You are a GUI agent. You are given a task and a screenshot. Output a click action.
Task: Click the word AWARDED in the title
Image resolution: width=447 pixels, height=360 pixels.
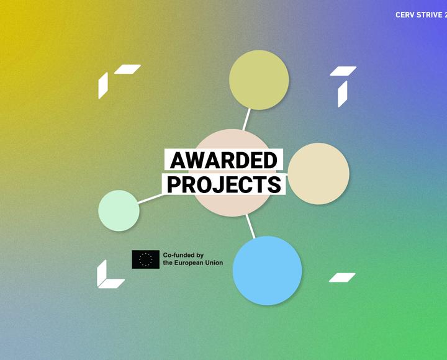(223, 160)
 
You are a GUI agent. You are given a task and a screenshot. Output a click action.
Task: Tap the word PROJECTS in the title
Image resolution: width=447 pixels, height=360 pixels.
(224, 185)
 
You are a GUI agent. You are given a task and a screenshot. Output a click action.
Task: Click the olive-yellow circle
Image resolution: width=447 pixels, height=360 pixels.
(259, 80)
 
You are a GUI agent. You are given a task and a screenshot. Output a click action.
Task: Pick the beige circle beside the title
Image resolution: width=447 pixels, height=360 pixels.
(318, 174)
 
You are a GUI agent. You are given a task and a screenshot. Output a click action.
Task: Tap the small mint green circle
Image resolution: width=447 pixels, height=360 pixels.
(119, 210)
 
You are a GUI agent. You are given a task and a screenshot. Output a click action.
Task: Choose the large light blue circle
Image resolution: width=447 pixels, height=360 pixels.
(267, 271)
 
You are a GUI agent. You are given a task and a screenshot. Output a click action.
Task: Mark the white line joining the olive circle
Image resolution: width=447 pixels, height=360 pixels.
(246, 119)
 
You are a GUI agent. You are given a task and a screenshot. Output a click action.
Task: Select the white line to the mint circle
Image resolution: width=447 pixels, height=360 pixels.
(151, 199)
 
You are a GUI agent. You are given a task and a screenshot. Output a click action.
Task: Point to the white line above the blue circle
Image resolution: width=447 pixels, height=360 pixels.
(251, 227)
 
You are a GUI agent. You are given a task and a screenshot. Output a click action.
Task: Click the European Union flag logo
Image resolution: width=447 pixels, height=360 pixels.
(145, 259)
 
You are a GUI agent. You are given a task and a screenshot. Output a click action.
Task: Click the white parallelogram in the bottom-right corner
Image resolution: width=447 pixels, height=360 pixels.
(342, 277)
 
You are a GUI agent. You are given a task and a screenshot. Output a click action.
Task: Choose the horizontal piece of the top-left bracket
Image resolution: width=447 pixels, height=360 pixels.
(127, 70)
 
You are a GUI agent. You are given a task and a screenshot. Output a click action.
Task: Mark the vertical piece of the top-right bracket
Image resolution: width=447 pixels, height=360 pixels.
(342, 94)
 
